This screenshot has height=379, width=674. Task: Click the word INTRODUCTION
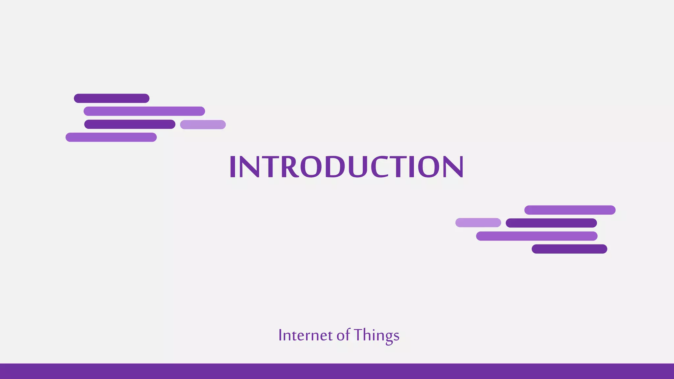346,167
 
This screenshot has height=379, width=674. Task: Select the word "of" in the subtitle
343,335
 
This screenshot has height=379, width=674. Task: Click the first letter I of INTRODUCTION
232,167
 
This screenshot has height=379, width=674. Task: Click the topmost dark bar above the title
112,98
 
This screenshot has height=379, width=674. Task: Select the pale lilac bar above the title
203,125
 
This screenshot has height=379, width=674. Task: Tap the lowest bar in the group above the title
111,137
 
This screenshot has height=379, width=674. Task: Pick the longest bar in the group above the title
144,111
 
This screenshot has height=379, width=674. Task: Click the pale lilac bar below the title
478,223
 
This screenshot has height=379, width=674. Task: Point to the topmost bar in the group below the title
570,210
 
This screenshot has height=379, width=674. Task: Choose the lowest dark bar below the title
569,249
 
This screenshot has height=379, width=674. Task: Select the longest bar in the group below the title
536,236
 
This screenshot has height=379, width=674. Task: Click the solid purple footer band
337,371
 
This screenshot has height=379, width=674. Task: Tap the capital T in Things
358,335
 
